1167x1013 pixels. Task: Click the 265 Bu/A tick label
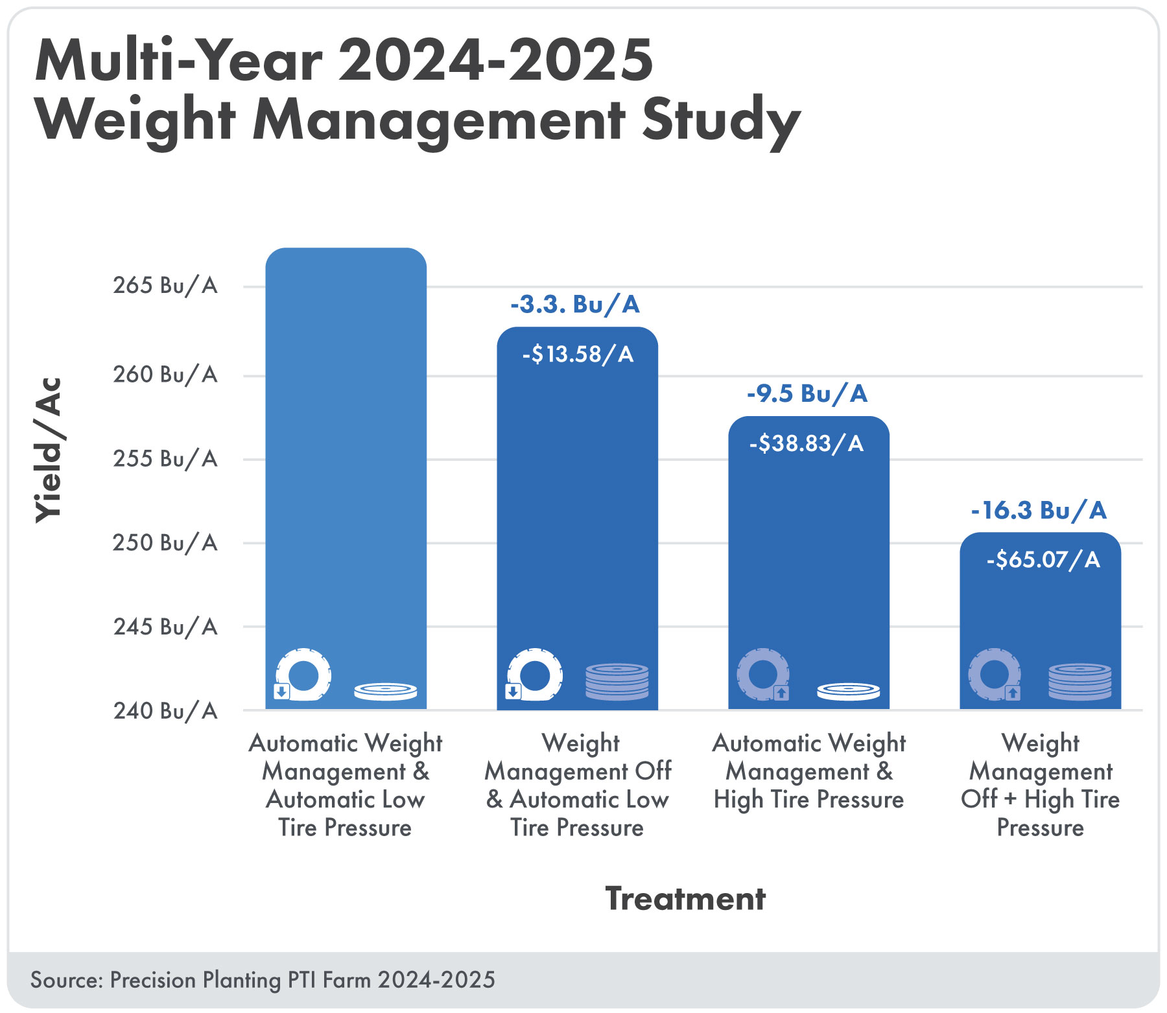[165, 285]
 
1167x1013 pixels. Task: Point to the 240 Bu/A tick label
[165, 711]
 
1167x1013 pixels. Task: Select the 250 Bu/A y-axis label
[165, 542]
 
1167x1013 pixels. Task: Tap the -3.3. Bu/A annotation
[575, 304]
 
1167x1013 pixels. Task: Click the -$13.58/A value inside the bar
[578, 355]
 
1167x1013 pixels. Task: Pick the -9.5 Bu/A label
[807, 393]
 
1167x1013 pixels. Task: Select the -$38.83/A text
[807, 444]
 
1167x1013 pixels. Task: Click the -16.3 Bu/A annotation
[1039, 510]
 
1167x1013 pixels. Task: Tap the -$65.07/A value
[1043, 559]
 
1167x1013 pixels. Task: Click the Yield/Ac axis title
[49, 450]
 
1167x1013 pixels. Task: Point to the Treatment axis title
[685, 899]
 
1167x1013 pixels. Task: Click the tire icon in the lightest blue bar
[303, 675]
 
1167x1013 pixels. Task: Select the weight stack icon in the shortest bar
[1079, 681]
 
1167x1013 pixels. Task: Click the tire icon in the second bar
[535, 675]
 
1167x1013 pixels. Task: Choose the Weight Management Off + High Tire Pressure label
[1040, 785]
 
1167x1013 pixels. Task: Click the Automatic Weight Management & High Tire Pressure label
[808, 771]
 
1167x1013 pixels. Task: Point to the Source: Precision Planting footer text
[263, 979]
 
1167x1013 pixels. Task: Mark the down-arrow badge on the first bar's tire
[281, 692]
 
